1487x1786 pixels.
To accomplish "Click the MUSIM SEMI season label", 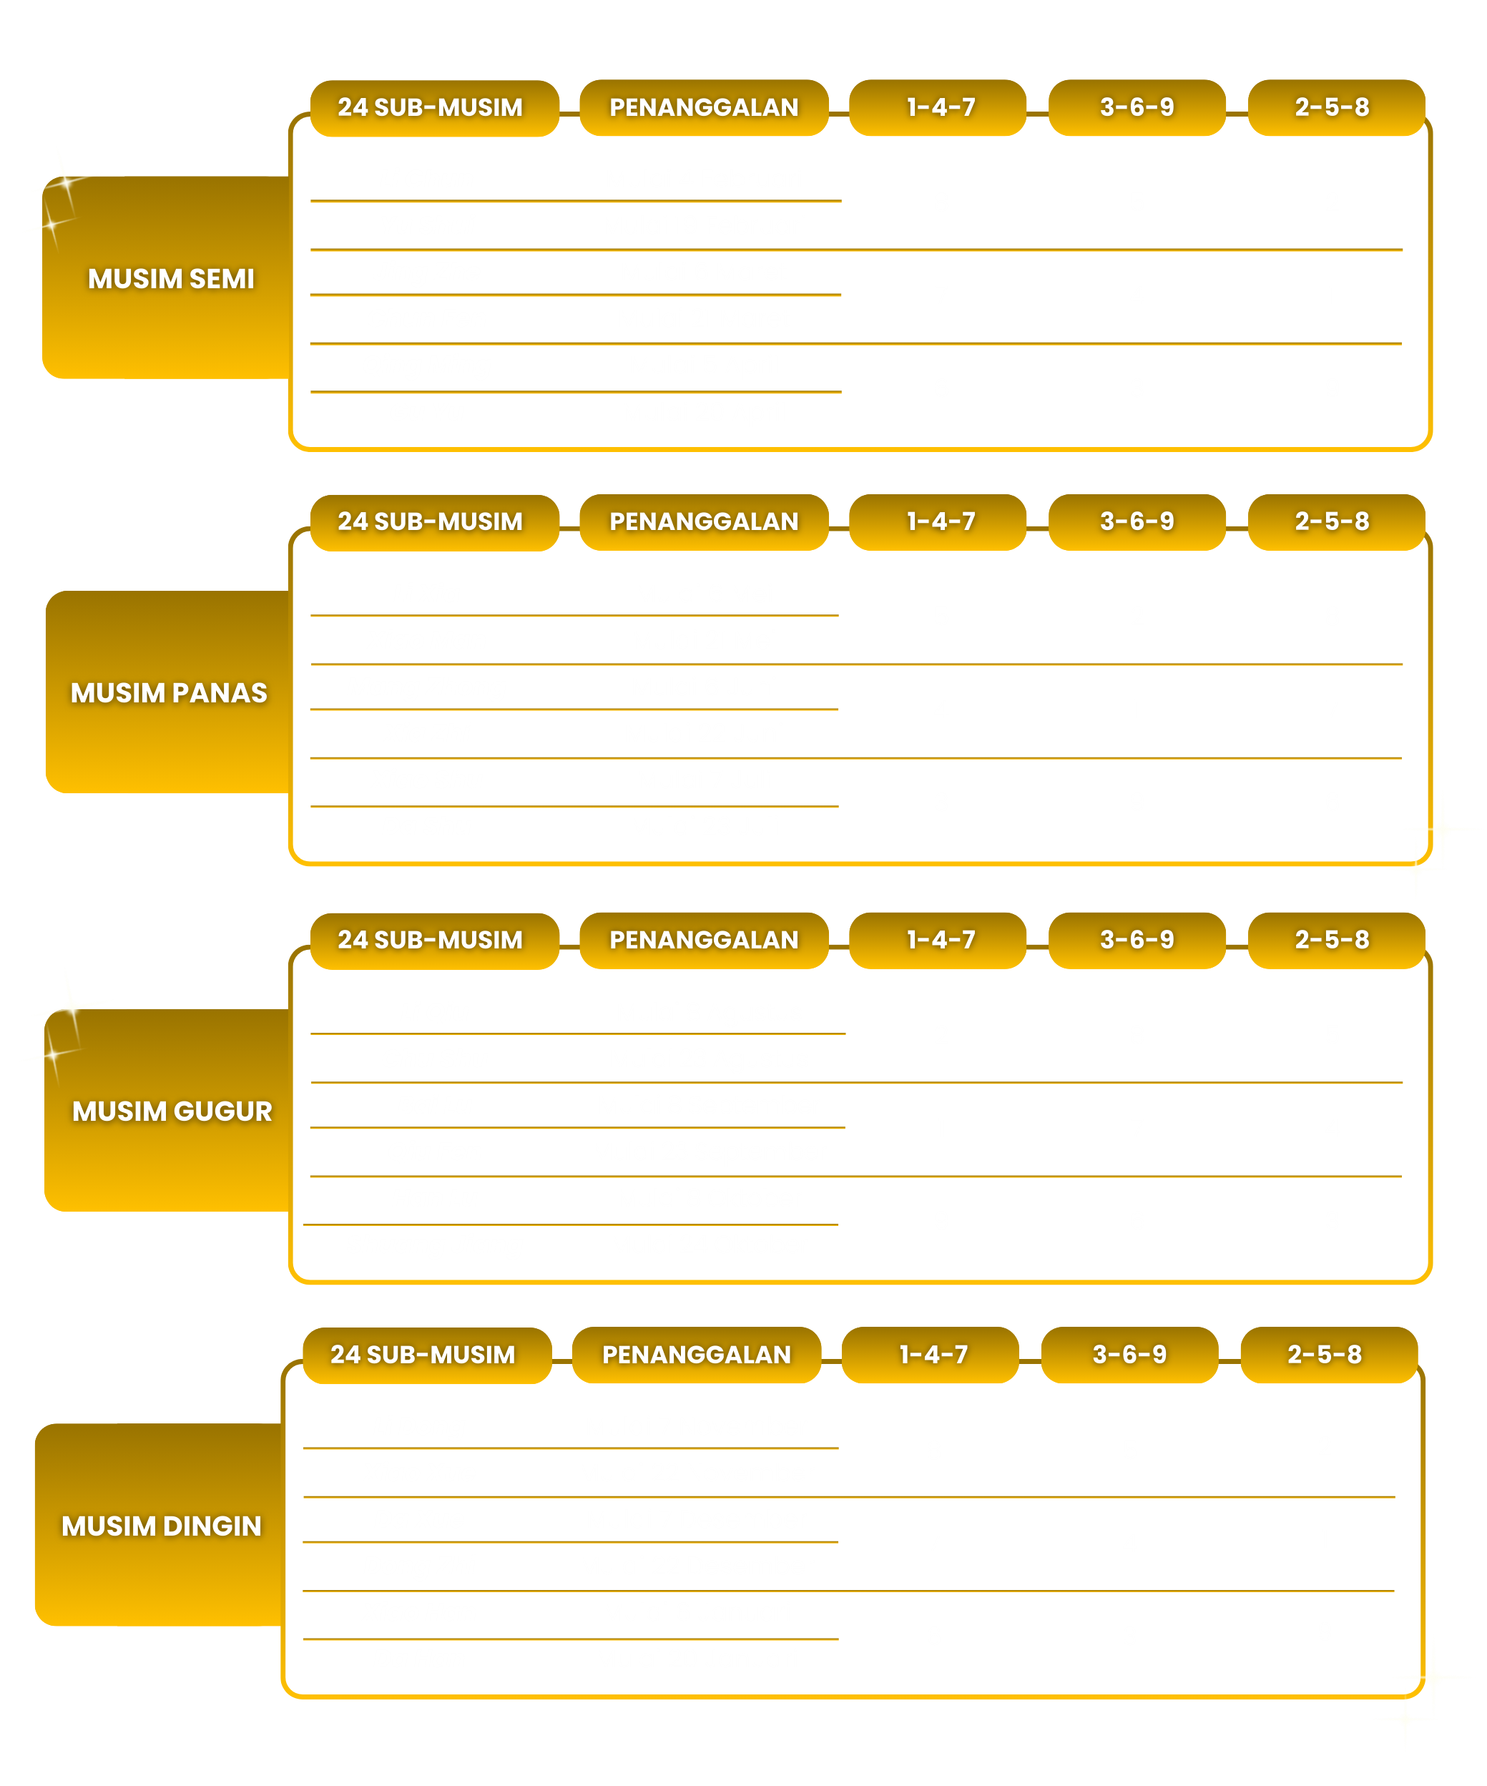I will (171, 279).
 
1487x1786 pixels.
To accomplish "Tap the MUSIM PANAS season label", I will (168, 693).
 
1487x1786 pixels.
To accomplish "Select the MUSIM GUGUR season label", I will (172, 1111).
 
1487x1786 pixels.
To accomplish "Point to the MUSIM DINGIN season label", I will (162, 1526).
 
